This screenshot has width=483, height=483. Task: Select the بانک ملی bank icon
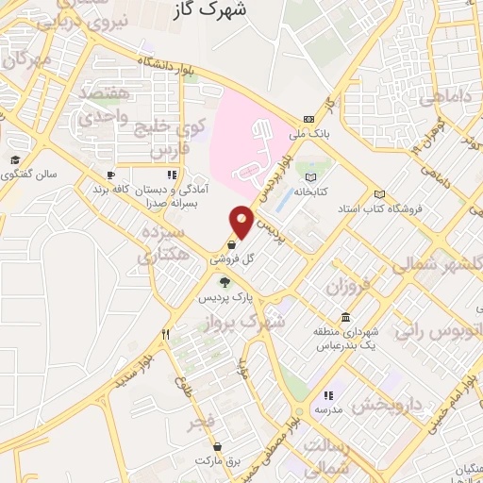308,119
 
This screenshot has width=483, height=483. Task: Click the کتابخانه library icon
311,175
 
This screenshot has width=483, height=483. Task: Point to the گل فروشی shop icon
231,244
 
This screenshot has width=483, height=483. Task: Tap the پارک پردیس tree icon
225,282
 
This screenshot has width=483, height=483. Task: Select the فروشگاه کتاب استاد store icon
379,192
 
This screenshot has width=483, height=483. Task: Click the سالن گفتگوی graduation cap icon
15,159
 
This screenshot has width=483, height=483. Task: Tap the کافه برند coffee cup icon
110,175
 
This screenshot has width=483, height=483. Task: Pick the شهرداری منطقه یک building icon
346,318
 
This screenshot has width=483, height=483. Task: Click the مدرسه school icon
328,396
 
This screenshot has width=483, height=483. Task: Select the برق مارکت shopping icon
218,446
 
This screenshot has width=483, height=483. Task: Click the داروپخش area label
391,406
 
